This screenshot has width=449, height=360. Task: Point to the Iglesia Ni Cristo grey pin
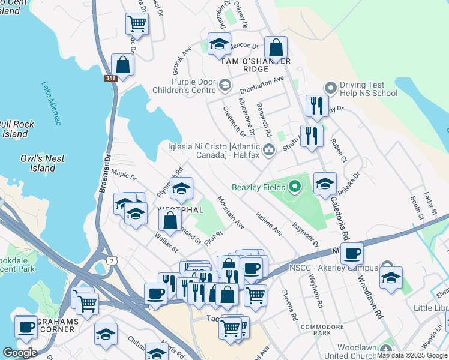click(x=268, y=149)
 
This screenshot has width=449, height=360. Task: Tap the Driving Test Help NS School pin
click(x=330, y=88)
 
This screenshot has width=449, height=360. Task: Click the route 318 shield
click(x=111, y=78)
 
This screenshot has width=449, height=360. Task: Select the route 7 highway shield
click(x=111, y=260)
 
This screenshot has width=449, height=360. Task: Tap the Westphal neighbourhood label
click(x=179, y=210)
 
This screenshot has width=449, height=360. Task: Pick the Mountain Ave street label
click(x=231, y=212)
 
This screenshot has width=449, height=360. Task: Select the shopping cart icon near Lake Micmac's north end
click(x=137, y=24)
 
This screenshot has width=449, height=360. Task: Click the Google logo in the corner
click(x=20, y=353)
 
